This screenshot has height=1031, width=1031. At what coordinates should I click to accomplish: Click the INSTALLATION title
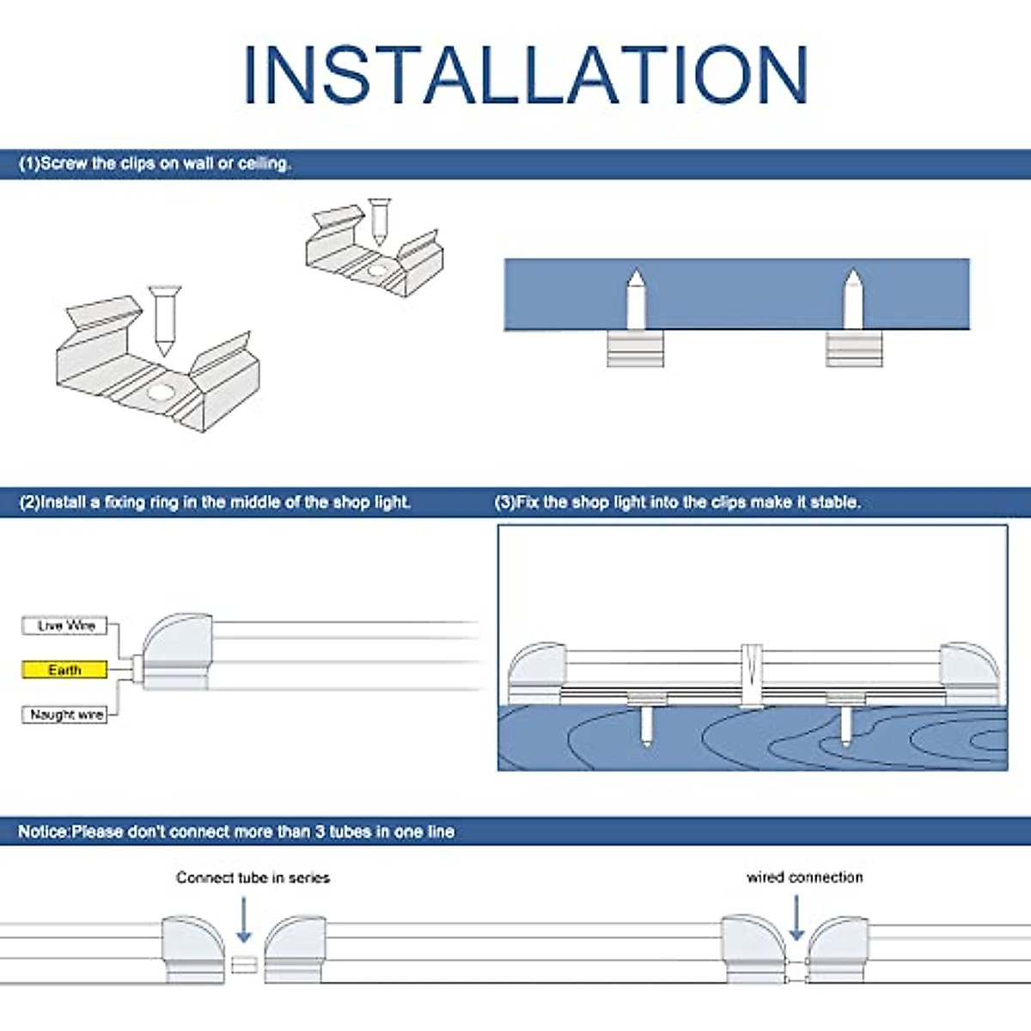point(525,75)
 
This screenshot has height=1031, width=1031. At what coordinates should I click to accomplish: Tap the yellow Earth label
point(64,670)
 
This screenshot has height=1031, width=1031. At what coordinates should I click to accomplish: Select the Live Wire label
point(65,625)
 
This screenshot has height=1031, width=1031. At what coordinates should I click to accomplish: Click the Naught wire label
point(65,715)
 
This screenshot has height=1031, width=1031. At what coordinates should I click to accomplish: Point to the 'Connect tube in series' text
point(253,877)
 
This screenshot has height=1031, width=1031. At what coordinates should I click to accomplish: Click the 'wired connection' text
point(804,877)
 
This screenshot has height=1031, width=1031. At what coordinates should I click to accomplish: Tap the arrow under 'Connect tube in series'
point(244,920)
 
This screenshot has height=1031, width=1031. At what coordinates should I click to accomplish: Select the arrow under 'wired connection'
point(796,918)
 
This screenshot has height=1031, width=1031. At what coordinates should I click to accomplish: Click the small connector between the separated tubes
point(244,964)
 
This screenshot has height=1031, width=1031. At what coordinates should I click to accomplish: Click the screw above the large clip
point(162,320)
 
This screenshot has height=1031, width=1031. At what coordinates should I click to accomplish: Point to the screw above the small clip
point(379,220)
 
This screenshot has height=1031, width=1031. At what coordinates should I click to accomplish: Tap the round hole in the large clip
point(160,394)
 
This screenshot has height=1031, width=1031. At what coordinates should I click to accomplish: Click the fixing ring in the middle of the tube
point(752,674)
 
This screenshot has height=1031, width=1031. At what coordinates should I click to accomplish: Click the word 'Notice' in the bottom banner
point(43,832)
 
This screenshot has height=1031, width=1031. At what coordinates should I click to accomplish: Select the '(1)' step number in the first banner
point(29,163)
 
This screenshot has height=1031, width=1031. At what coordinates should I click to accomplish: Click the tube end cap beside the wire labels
point(176,650)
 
